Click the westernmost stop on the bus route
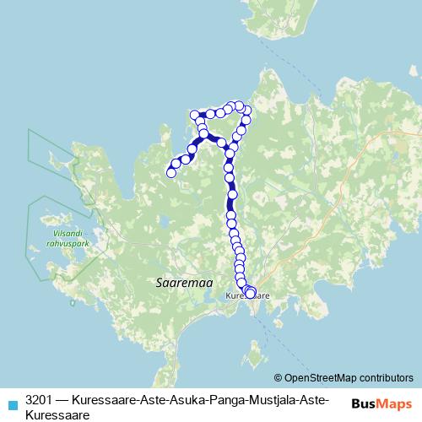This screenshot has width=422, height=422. (x=171, y=173)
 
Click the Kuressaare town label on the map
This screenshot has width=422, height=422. (x=248, y=297)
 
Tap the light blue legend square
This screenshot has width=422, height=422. (x=11, y=403)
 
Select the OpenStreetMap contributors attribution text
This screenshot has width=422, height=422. (x=349, y=378)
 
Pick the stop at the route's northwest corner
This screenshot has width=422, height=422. (x=195, y=114)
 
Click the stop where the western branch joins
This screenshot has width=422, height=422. (x=204, y=134)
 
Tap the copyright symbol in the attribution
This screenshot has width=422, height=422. (x=279, y=378)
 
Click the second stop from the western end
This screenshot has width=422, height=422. (x=176, y=164)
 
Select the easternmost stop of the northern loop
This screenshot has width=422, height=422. (x=246, y=111)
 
